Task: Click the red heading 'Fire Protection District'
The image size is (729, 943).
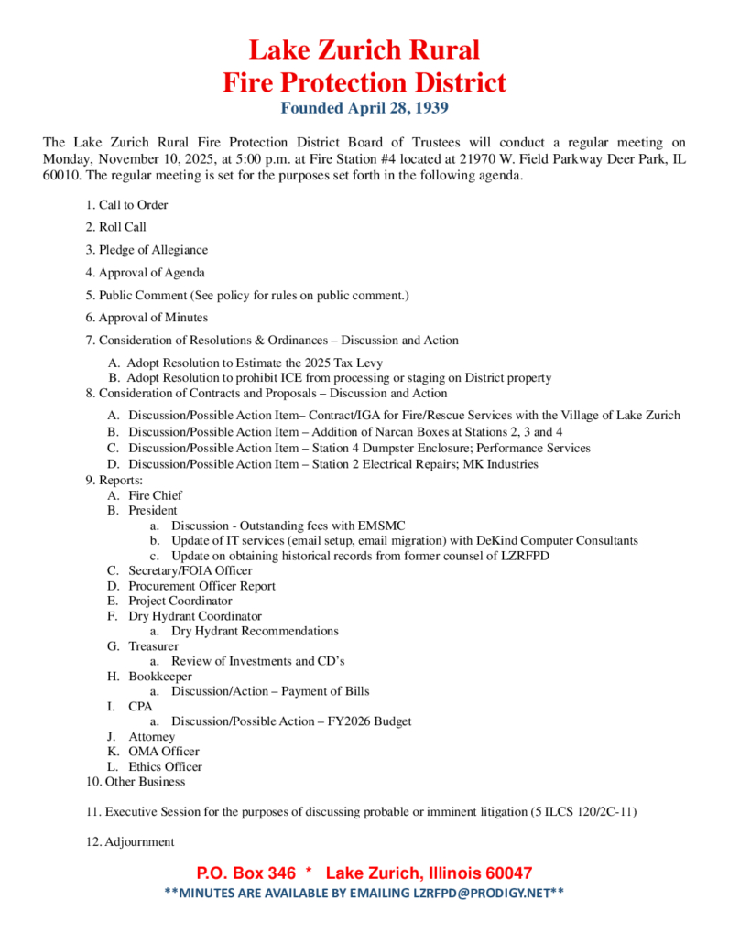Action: (364, 82)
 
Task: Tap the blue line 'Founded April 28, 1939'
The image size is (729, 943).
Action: (364, 109)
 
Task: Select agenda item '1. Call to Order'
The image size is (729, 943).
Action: (126, 205)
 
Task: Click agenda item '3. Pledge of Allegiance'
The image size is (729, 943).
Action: (147, 250)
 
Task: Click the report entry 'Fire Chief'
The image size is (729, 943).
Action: (155, 495)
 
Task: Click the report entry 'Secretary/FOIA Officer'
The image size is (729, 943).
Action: (189, 571)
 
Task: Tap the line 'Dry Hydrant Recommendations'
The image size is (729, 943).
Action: (255, 631)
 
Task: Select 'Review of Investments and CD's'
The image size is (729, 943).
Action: (257, 661)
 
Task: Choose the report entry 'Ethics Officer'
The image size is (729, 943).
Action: (165, 766)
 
